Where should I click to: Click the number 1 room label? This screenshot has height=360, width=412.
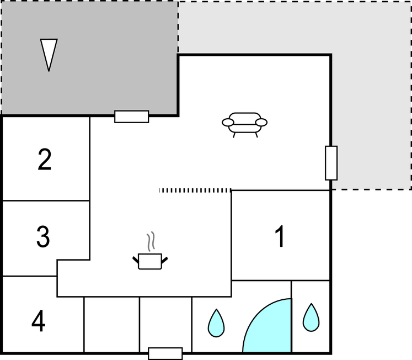[280, 236]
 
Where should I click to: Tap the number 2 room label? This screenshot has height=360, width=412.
[45, 160]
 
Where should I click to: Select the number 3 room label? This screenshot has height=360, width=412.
[43, 237]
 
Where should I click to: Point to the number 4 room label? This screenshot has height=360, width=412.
[39, 321]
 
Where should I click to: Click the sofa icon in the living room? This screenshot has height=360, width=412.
[245, 125]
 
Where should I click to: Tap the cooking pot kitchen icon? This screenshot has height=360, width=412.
[150, 261]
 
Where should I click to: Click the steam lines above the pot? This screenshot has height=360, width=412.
[151, 241]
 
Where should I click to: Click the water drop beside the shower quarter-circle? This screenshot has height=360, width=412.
[216, 323]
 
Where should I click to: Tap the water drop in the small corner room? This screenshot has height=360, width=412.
[311, 317]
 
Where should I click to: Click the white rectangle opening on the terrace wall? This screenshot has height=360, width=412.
[132, 117]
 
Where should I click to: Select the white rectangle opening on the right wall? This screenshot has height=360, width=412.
[331, 163]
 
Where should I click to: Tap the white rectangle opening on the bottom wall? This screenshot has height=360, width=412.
[165, 353]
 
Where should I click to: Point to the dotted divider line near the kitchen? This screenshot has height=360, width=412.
[195, 190]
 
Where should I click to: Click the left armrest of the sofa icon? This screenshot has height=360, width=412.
[228, 122]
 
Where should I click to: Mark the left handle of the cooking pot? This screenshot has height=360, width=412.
[136, 260]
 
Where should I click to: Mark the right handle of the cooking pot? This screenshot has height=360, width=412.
[164, 260]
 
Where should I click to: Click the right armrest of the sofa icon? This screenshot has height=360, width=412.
[261, 122]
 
